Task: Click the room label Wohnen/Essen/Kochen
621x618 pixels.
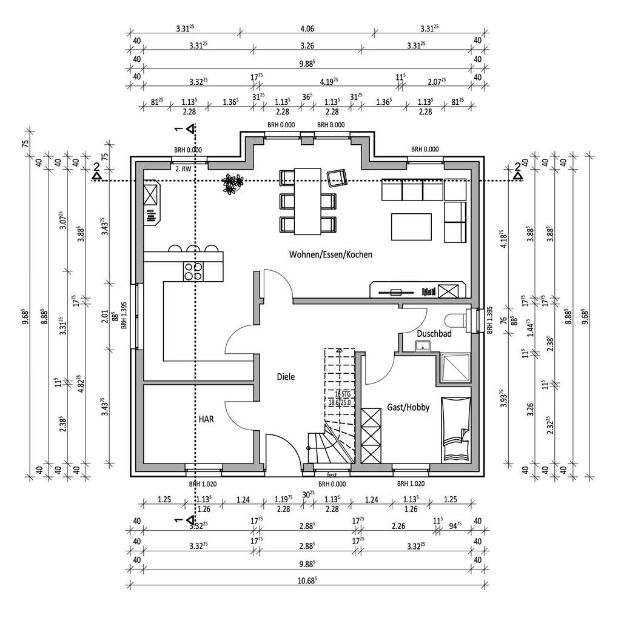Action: (331, 254)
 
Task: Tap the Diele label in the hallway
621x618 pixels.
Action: (286, 376)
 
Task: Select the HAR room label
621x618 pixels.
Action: (207, 419)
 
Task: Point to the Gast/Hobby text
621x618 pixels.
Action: (408, 407)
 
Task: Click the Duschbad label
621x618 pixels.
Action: (433, 333)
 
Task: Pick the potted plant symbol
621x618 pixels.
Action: (232, 183)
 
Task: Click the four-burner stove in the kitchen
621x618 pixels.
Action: (193, 271)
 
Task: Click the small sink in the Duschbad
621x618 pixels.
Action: (422, 346)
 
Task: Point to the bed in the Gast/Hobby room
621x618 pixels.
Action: (455, 429)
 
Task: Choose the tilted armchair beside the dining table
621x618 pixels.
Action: (336, 178)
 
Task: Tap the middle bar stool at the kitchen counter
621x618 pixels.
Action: (193, 248)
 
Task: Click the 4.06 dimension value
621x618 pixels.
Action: (307, 28)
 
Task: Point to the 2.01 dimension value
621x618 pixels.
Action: (104, 314)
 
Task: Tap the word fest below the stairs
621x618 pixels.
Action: (332, 474)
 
